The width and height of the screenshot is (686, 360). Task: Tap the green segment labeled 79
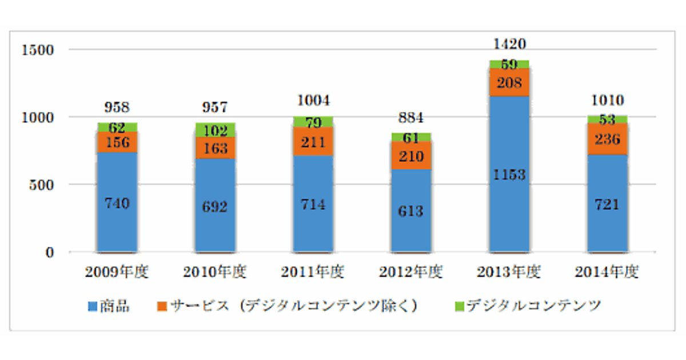(x=313, y=122)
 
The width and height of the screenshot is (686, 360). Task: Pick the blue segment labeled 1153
(x=509, y=174)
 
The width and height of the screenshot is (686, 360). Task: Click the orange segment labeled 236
(x=607, y=139)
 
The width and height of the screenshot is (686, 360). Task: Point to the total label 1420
(x=509, y=44)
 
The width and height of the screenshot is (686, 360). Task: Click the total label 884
(x=411, y=118)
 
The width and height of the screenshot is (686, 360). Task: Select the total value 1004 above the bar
(x=313, y=102)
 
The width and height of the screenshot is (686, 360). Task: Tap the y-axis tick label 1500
(x=37, y=50)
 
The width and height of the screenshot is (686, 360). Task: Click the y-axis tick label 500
(x=42, y=185)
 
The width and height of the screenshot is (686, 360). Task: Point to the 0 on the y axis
(x=50, y=252)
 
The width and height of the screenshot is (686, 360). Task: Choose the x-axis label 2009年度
(x=117, y=273)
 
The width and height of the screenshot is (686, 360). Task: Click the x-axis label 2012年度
(x=411, y=273)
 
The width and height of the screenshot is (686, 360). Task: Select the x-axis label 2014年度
(x=607, y=273)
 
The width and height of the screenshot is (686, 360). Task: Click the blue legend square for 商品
(x=92, y=306)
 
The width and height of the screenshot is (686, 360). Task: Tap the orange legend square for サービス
(x=162, y=306)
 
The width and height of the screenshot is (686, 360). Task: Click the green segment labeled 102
(x=215, y=130)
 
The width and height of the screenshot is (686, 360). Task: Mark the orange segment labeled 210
(x=411, y=155)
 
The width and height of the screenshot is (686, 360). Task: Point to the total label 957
(x=215, y=107)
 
